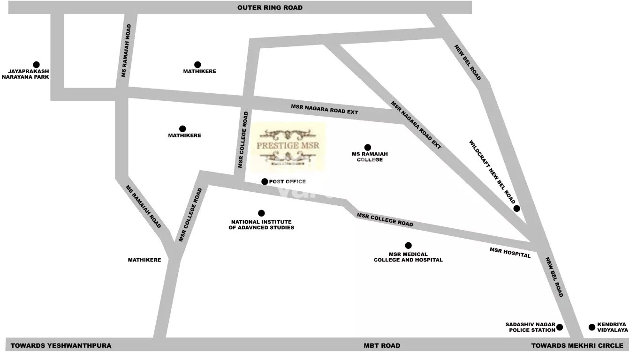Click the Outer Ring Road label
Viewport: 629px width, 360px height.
pyautogui.click(x=270, y=7)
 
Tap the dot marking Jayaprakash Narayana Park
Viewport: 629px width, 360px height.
pyautogui.click(x=36, y=65)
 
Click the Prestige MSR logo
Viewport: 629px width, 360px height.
pyautogui.click(x=288, y=146)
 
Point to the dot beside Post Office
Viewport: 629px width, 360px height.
pyautogui.click(x=265, y=181)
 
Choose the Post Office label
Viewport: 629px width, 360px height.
pyautogui.click(x=287, y=181)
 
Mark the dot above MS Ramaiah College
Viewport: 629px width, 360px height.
pyautogui.click(x=367, y=147)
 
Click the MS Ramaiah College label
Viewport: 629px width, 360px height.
pyautogui.click(x=370, y=157)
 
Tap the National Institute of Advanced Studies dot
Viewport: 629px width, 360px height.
pyautogui.click(x=261, y=213)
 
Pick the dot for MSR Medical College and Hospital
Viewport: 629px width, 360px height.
pyautogui.click(x=408, y=245)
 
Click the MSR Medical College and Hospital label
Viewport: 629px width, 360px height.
pyautogui.click(x=408, y=257)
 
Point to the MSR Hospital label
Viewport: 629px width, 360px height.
pyautogui.click(x=510, y=253)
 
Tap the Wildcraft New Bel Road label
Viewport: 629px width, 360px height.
pyautogui.click(x=492, y=172)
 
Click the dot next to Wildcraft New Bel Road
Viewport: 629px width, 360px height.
pyautogui.click(x=516, y=209)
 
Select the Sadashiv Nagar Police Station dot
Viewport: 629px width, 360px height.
pyautogui.click(x=560, y=327)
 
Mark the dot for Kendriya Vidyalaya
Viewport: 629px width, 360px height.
pyautogui.click(x=592, y=327)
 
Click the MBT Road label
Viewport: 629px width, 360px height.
pyautogui.click(x=382, y=345)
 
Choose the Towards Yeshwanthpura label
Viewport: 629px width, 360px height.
pyautogui.click(x=61, y=345)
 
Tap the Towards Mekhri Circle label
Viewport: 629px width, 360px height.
pyautogui.click(x=577, y=345)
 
